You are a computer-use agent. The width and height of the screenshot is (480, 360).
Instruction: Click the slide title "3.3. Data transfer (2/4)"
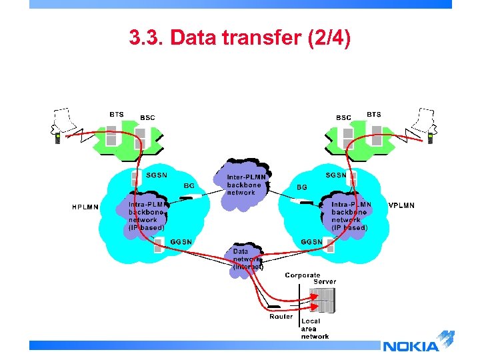click(x=239, y=39)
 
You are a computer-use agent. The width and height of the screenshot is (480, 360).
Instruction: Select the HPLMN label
click(x=85, y=207)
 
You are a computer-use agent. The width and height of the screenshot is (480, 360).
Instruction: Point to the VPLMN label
click(x=401, y=205)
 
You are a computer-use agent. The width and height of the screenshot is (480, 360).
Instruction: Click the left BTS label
click(x=117, y=115)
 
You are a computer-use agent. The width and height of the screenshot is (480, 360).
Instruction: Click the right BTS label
click(x=374, y=115)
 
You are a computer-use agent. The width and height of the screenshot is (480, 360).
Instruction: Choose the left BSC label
click(x=147, y=118)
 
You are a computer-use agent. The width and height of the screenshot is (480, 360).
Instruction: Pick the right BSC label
click(x=343, y=118)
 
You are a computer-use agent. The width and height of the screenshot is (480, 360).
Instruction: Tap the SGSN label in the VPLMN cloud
click(x=336, y=175)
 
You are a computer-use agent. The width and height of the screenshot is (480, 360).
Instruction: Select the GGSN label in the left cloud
click(x=181, y=241)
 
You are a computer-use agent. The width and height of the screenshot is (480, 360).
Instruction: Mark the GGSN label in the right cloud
click(x=312, y=241)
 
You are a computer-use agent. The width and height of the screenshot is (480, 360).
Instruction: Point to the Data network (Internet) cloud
click(x=247, y=259)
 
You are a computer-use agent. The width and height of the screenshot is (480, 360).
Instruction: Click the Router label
click(x=281, y=317)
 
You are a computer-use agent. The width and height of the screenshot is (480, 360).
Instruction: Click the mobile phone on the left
click(x=58, y=139)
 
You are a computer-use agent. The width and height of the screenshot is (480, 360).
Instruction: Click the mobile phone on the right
click(x=431, y=139)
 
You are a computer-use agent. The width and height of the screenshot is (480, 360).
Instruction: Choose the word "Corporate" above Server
click(x=303, y=275)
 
